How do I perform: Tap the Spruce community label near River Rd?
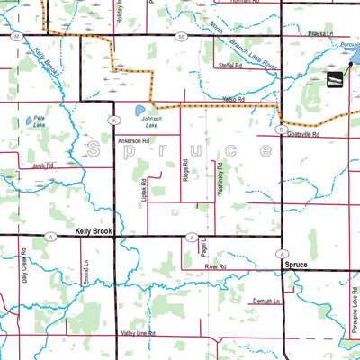pyautogui.click(x=295, y=266)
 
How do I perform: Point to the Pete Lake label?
pyautogui.click(x=37, y=128)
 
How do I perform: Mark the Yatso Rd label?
pyautogui.click(x=234, y=99)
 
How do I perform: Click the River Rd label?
pyautogui.click(x=214, y=267)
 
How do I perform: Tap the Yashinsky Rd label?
pyautogui.click(x=219, y=175)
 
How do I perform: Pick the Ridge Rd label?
pyautogui.click(x=185, y=171)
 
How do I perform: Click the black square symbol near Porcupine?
pyautogui.click(x=334, y=82)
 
